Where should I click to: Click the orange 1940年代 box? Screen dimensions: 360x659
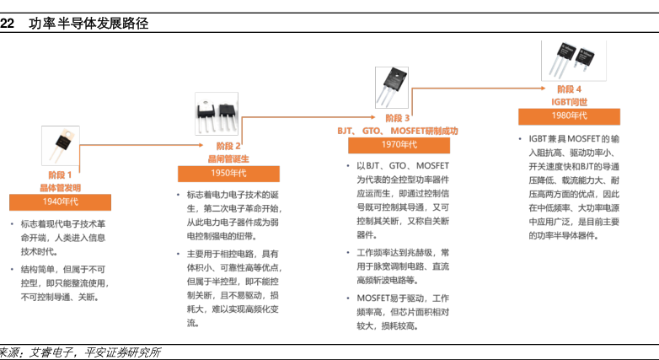[x=60, y=202]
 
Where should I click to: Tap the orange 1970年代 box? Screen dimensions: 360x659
[x=397, y=145]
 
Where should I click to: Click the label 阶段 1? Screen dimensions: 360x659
[x=60, y=175]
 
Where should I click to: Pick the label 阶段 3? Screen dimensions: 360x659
[x=397, y=117]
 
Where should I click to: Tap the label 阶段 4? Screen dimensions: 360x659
[x=570, y=89]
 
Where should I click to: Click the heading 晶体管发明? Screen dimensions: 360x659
[x=60, y=187]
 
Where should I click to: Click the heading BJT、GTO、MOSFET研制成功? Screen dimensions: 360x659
[x=397, y=131]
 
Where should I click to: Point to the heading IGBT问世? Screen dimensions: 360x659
[x=570, y=101]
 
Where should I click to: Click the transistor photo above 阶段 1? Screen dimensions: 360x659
[x=61, y=144]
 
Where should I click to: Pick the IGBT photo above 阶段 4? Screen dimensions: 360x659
[x=565, y=58]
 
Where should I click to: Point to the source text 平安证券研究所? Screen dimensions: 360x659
[x=123, y=352]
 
